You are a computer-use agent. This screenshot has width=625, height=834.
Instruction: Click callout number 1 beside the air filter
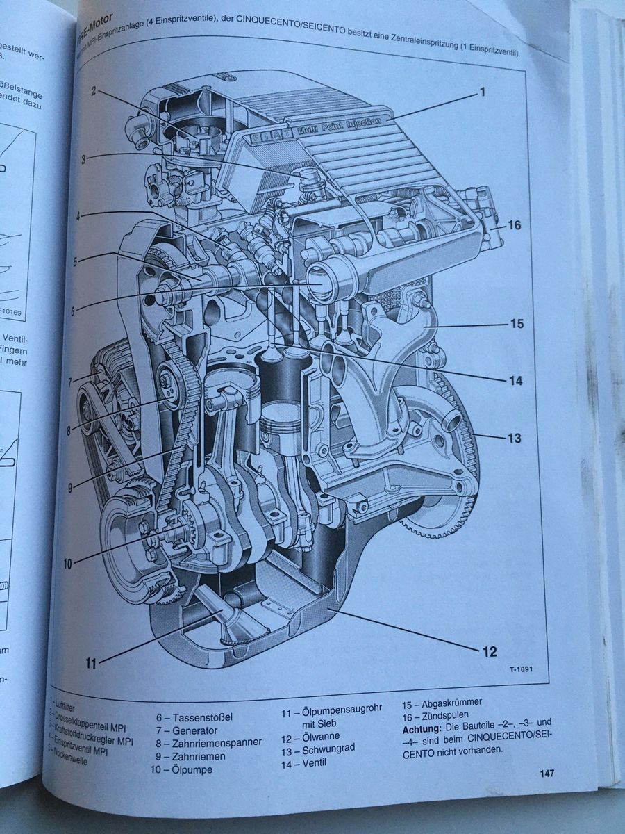point(482,92)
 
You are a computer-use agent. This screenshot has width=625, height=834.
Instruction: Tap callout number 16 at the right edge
point(514,225)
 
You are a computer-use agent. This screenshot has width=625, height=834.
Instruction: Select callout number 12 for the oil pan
point(490,651)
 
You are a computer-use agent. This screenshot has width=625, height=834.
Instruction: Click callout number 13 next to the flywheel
point(514,439)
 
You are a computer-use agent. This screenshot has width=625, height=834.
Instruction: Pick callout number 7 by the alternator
point(70,382)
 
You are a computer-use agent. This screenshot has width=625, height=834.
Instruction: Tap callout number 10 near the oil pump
point(67,564)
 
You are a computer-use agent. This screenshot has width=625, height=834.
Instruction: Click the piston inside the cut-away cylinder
point(284,418)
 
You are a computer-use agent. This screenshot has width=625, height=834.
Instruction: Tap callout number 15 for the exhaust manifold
point(515,323)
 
